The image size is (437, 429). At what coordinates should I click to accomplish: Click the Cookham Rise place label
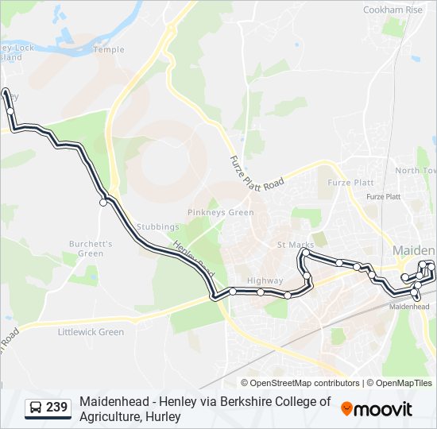pyautogui.click(x=393, y=10)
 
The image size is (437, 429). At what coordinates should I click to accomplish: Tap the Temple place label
pyautogui.click(x=109, y=49)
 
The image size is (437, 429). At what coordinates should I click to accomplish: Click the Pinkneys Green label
pyautogui.click(x=221, y=212)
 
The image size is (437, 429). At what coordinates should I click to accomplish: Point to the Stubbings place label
pyautogui.click(x=156, y=226)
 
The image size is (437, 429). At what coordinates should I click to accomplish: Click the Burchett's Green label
pyautogui.click(x=91, y=248)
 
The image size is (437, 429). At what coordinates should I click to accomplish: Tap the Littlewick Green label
pyautogui.click(x=91, y=332)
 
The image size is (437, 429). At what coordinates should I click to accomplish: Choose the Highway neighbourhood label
pyautogui.click(x=265, y=280)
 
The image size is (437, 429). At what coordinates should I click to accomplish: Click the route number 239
pyautogui.click(x=56, y=408)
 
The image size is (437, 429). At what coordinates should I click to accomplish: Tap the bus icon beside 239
pyautogui.click(x=36, y=408)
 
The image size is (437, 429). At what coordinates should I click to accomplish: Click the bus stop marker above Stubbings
pyautogui.click(x=103, y=203)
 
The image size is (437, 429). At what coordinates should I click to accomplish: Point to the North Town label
pyautogui.click(x=416, y=171)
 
